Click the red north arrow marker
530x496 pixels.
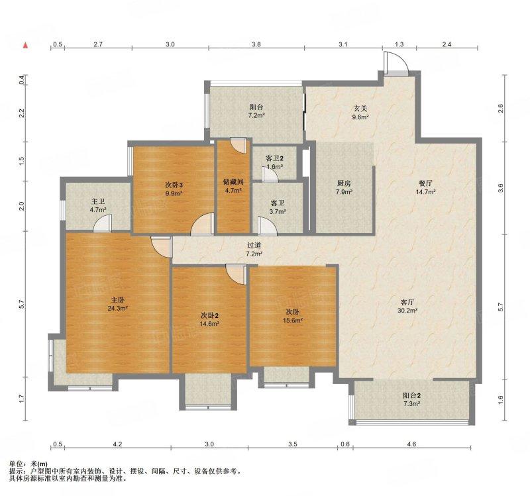click(x=25, y=46)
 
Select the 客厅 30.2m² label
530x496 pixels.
click(x=407, y=306)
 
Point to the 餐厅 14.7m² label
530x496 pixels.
click(x=425, y=187)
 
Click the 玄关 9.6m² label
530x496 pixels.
click(x=360, y=113)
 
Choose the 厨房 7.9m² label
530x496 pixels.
click(x=344, y=187)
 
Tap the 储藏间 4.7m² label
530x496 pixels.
click(x=233, y=186)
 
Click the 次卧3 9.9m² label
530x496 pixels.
click(x=174, y=189)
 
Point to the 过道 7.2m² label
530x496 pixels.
click(x=254, y=250)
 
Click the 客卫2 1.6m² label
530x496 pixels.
click(x=274, y=162)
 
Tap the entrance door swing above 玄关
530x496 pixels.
click(x=396, y=62)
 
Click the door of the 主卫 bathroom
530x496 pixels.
click(x=102, y=224)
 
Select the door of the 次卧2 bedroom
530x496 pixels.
click(x=236, y=274)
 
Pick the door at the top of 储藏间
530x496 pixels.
click(x=238, y=145)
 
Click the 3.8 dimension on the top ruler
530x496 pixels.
click(x=256, y=44)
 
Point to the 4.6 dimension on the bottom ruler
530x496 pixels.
click(x=411, y=444)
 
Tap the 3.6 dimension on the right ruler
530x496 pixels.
click(x=501, y=188)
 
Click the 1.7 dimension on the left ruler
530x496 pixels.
click(x=22, y=399)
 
